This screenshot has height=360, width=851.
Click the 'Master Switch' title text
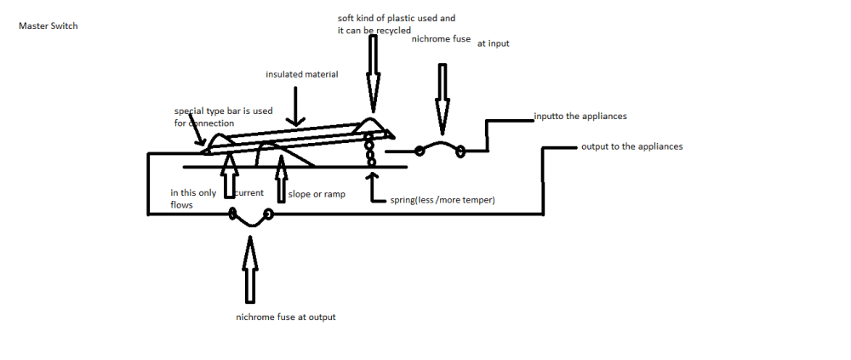[48, 26]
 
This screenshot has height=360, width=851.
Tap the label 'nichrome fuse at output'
[286, 317]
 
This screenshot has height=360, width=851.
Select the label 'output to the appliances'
[631, 146]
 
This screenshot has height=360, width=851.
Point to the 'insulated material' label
[301, 74]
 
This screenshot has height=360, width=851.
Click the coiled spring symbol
[370, 148]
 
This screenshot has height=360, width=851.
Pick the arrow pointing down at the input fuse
[442, 94]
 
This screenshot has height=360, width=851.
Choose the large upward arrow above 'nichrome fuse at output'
[249, 270]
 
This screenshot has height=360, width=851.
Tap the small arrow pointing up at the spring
[371, 186]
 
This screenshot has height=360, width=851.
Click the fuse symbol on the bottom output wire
[250, 217]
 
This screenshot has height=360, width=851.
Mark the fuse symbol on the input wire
[440, 151]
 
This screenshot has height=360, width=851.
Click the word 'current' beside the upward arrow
[248, 193]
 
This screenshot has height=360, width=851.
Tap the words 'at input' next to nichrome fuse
[493, 43]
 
